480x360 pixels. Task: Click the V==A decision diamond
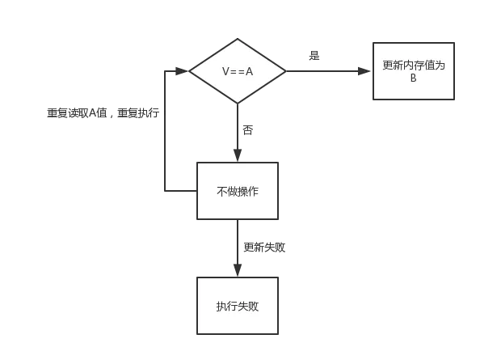point(238,71)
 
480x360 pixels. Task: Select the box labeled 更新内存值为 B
point(413,71)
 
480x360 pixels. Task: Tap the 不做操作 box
point(238,191)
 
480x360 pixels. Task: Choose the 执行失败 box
point(238,306)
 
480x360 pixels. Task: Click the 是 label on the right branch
point(314,56)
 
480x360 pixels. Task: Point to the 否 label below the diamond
point(247,129)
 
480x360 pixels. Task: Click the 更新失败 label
point(264,247)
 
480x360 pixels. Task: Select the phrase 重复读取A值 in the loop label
point(77,113)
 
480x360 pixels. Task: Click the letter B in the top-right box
point(413,78)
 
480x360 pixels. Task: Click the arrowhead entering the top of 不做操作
point(238,157)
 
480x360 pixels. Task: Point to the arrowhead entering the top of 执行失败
point(238,272)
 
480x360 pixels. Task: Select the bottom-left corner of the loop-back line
point(165,191)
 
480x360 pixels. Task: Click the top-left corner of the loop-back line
point(165,71)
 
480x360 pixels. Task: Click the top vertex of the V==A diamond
point(238,39)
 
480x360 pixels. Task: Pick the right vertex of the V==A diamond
point(286,71)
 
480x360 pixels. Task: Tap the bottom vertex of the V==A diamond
point(238,104)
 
